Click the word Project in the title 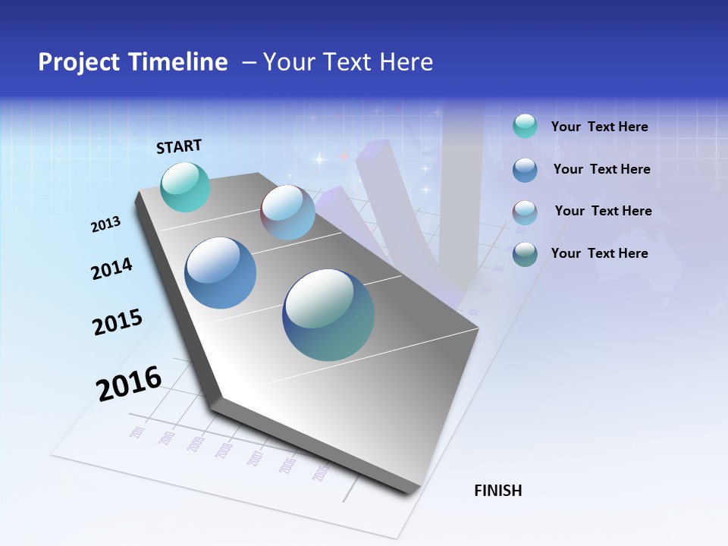79,62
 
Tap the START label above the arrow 179,146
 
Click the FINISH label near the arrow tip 498,491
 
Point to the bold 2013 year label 106,224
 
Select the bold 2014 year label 112,269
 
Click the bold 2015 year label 118,322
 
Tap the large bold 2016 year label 129,384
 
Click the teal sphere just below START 185,187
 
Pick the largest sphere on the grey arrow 328,315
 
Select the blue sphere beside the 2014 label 220,273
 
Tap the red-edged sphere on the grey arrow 287,212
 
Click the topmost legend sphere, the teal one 525,126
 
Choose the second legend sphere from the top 525,170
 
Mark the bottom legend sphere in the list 525,254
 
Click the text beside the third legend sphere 603,211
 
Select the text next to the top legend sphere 599,127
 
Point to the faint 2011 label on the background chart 137,432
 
